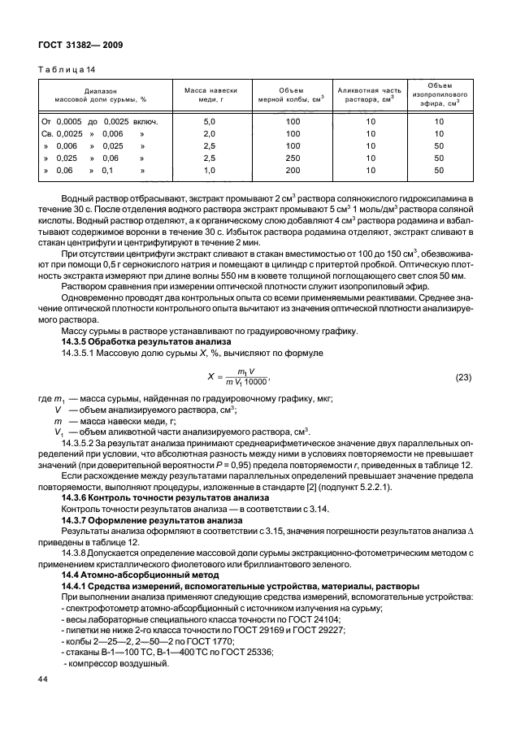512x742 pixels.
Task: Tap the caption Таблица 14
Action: pyautogui.click(x=67, y=71)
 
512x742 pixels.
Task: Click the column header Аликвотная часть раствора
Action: pyautogui.click(x=369, y=94)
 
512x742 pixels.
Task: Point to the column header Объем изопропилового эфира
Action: pyautogui.click(x=440, y=94)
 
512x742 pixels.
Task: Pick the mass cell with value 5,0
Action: pyautogui.click(x=209, y=121)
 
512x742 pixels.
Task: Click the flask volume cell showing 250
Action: pyautogui.click(x=293, y=158)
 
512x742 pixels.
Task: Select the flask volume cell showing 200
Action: pyautogui.click(x=293, y=171)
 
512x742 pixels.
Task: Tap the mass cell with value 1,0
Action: pyautogui.click(x=209, y=171)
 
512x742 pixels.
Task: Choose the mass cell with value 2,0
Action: pyautogui.click(x=209, y=133)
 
